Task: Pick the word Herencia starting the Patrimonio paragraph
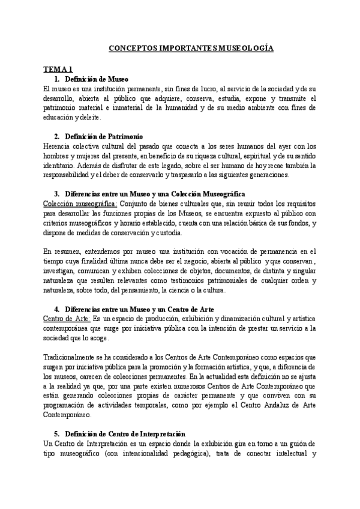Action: [x=58, y=146]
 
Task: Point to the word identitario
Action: [x=60, y=165]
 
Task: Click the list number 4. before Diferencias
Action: [x=56, y=309]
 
